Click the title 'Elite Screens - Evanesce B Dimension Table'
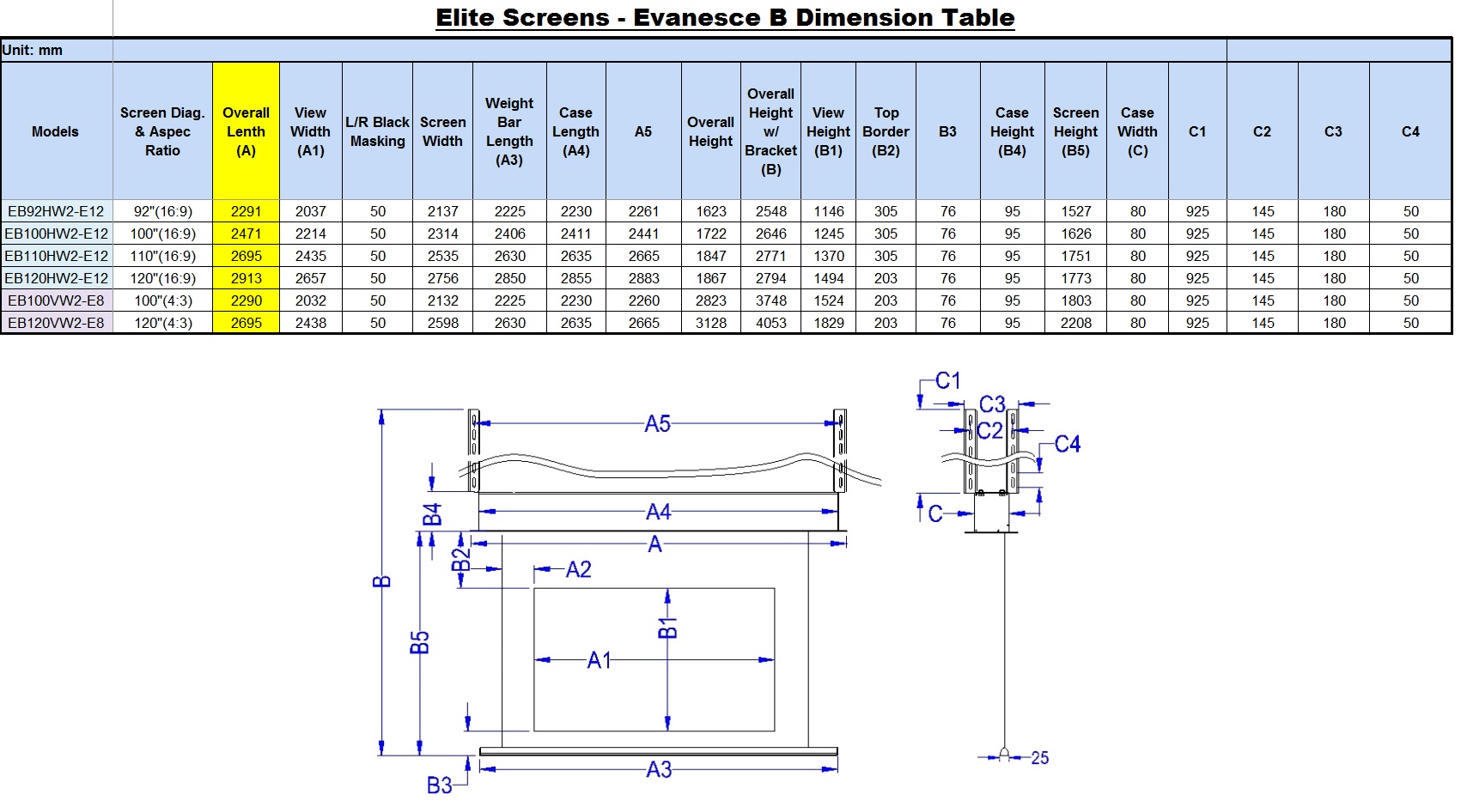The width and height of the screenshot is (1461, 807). pos(725,18)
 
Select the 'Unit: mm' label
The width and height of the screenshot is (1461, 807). pos(32,50)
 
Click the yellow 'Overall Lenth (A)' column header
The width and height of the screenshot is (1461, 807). pos(246,131)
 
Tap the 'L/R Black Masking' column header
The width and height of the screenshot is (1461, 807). pos(377,131)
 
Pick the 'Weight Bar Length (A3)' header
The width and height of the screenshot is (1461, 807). pos(509,131)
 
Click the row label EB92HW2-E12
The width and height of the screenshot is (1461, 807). pos(56,211)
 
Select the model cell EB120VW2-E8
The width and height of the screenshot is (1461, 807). pos(56,323)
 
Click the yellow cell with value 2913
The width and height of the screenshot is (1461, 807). pos(246,278)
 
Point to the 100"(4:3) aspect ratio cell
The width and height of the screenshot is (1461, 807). pos(162,300)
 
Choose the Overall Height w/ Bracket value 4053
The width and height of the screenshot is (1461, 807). pos(771,323)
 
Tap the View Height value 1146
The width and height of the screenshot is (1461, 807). pos(828,211)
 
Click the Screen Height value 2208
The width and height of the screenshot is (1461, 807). pos(1075,323)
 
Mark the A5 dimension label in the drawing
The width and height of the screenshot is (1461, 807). pos(657,424)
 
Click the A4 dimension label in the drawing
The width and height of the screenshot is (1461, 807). pos(658,512)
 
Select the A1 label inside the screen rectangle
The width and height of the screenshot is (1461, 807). pos(600,660)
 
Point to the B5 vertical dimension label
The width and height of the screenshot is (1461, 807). pos(420,642)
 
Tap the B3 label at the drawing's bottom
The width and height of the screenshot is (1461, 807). pos(439,786)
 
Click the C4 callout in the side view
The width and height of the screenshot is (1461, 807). pos(1068,445)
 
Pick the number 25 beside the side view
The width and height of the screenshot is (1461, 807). pos(1039,758)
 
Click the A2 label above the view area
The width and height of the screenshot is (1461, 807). pos(579,570)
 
